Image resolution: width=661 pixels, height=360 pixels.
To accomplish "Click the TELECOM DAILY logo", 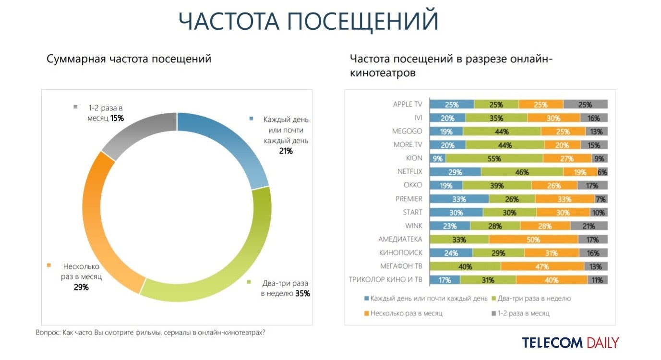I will click(x=570, y=343).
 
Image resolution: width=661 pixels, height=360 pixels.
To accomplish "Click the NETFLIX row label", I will click(x=409, y=171).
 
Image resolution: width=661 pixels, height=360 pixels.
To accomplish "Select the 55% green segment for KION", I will click(x=494, y=158).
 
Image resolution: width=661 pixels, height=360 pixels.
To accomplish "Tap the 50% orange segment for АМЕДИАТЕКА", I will click(x=533, y=239).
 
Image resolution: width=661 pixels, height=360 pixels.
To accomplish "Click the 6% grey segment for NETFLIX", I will click(x=602, y=172).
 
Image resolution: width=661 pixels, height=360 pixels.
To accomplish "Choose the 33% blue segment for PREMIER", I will click(x=459, y=199).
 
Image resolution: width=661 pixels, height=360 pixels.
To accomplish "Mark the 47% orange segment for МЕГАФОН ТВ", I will click(x=542, y=266).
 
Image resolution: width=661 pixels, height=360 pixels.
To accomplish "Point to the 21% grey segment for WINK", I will click(x=589, y=226).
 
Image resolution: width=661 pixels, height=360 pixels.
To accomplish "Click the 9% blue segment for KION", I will click(x=437, y=158).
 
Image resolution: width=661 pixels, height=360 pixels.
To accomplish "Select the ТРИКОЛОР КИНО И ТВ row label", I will click(x=385, y=280).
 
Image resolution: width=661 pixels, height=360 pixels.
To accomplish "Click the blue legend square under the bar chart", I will click(x=367, y=299).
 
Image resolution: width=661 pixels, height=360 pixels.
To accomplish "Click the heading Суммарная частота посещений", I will click(x=129, y=59).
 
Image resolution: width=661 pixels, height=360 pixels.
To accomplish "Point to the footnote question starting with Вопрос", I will click(x=150, y=332).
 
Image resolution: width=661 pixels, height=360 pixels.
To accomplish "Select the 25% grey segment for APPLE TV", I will click(x=586, y=104).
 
